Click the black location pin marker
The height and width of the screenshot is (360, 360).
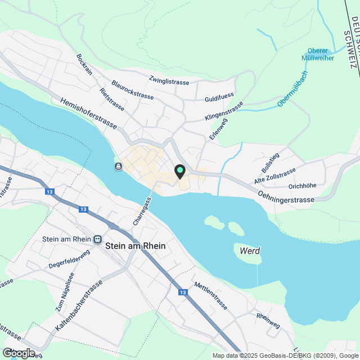(180, 171)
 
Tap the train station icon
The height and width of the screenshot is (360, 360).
(98, 239)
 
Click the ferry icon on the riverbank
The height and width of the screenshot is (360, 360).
(118, 166)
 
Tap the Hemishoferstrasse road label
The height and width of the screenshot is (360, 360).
(88, 113)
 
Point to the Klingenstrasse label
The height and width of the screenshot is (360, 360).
(224, 111)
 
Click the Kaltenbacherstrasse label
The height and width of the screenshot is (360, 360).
(79, 305)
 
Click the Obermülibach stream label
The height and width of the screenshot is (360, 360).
(292, 88)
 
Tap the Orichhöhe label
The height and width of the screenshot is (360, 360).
(302, 186)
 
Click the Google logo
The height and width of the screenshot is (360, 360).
(18, 353)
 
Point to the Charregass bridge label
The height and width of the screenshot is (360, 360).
(142, 212)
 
